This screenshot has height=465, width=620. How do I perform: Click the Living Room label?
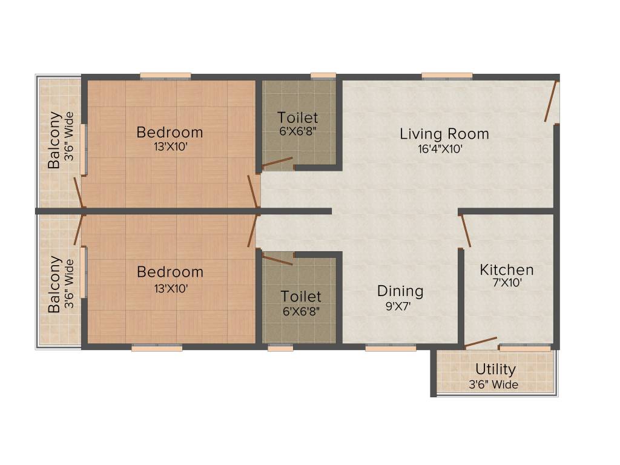[444, 134]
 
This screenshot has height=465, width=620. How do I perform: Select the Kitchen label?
[507, 269]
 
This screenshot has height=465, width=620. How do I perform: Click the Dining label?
[400, 291]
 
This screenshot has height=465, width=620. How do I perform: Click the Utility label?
[495, 369]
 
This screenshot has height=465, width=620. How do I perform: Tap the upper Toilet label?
[297, 117]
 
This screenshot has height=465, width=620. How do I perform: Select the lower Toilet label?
[301, 297]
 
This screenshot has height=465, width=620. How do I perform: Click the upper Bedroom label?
[170, 132]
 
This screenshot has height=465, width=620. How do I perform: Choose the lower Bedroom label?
[170, 272]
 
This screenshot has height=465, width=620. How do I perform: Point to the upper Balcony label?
[54, 140]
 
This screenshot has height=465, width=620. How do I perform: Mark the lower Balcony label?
[54, 284]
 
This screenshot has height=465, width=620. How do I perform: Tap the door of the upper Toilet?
[277, 162]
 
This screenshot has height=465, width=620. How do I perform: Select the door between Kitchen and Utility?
[481, 343]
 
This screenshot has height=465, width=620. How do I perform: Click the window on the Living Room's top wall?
[447, 76]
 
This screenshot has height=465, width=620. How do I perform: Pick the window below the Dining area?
[391, 348]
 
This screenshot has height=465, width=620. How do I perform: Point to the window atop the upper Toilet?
[323, 76]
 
